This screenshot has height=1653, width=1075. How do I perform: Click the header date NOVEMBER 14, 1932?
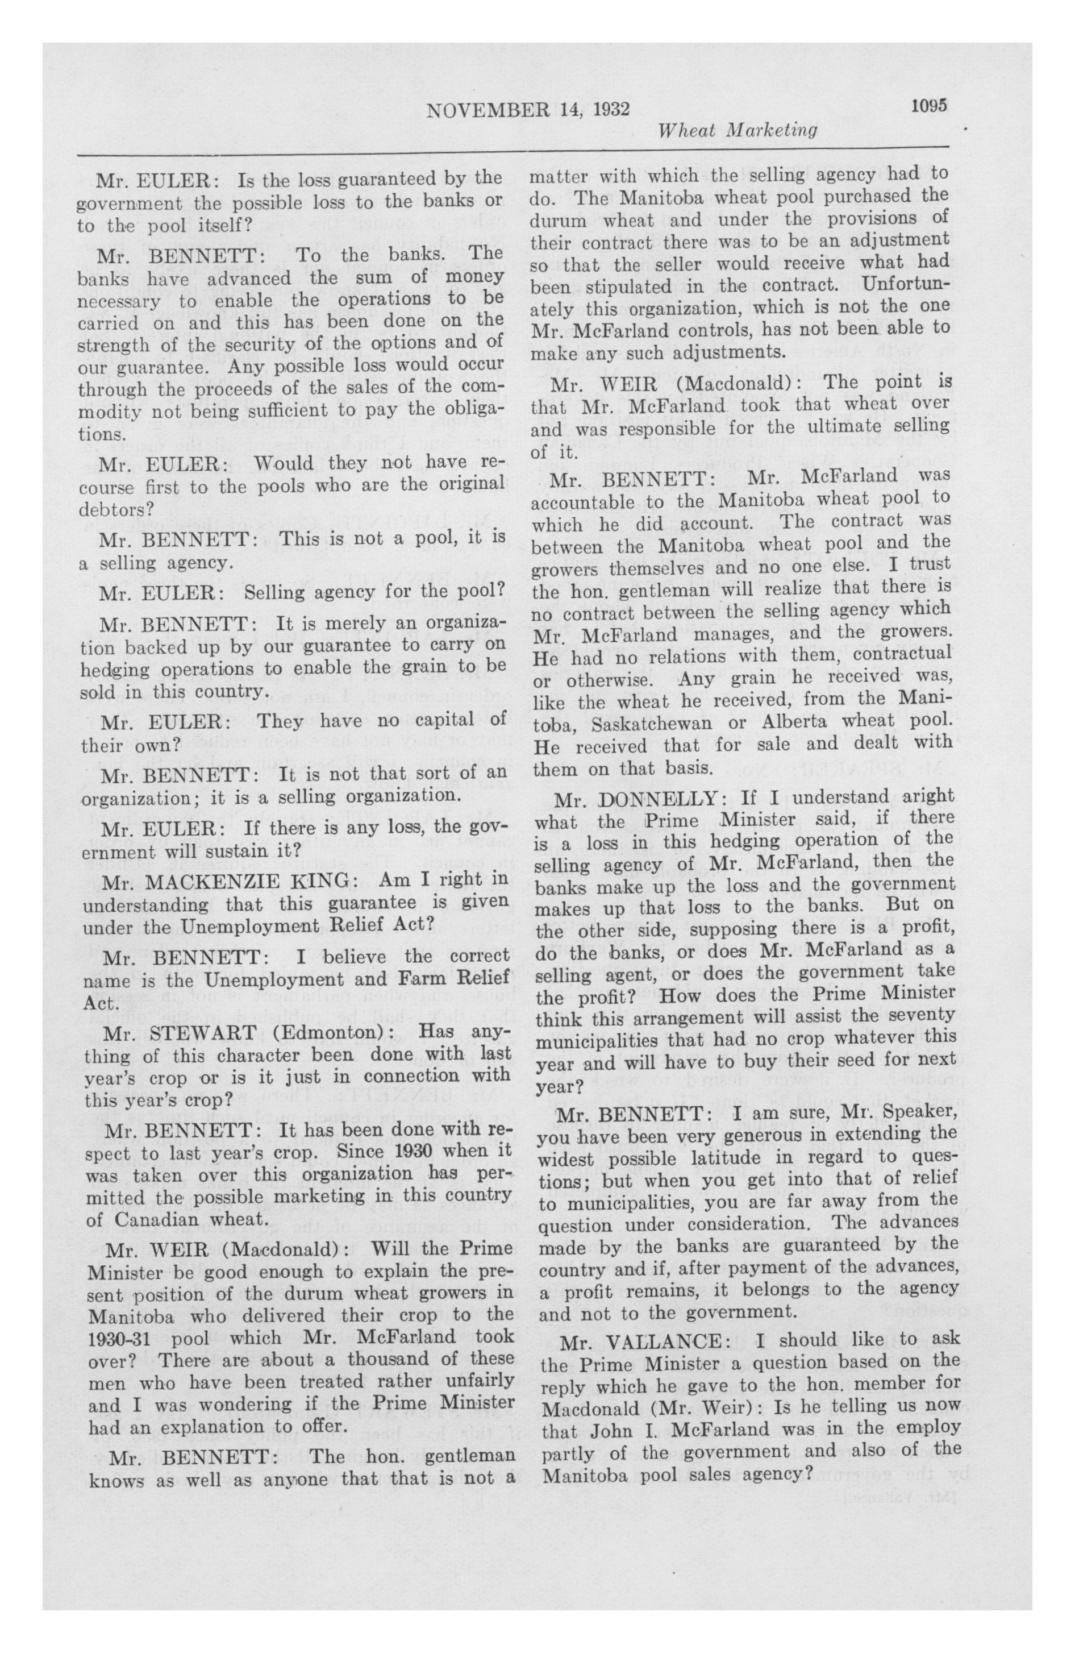tap(528, 109)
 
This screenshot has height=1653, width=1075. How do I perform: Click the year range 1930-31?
tap(124, 1339)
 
